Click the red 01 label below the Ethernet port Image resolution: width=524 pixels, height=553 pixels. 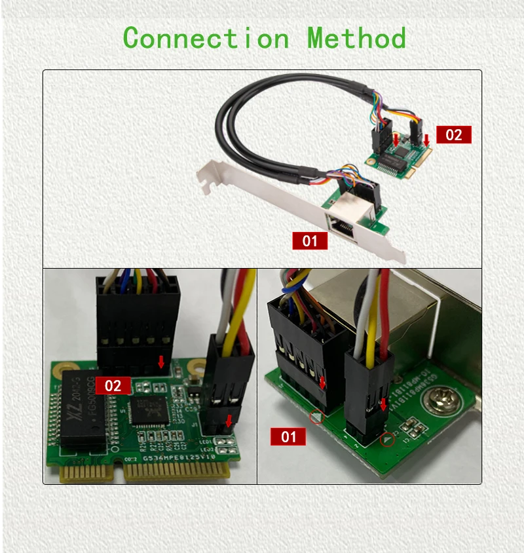point(309,240)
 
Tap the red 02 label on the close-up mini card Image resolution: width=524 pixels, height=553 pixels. point(113,385)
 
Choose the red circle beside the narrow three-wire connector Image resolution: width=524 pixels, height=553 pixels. point(388,440)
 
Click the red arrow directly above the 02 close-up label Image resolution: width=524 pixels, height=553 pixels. point(161,362)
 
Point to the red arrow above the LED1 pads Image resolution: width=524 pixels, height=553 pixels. point(228,420)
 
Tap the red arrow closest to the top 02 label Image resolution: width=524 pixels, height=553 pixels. point(426,140)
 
